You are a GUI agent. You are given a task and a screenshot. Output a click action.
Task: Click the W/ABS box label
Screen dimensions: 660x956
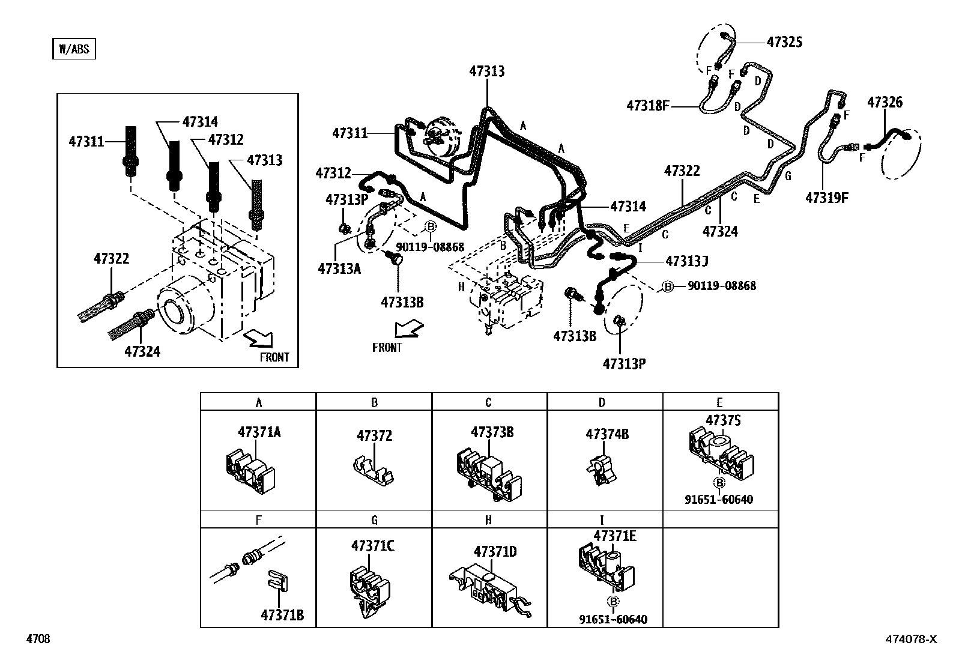point(74,49)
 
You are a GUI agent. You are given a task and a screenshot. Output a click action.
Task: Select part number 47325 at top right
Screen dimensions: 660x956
point(784,41)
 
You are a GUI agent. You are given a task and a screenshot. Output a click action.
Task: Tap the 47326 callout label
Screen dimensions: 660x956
point(884,102)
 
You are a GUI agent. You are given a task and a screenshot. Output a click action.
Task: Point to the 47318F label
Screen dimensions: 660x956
point(647,106)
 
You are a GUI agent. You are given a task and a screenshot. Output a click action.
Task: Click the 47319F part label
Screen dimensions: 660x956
point(826,198)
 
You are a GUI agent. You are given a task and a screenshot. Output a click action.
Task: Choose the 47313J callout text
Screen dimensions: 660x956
point(687,261)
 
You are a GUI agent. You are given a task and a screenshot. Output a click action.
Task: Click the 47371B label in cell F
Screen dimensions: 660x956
point(282,615)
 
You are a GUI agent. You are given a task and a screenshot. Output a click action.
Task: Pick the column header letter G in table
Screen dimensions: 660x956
point(374,520)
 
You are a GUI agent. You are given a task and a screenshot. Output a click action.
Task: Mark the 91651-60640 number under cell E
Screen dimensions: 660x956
point(718,500)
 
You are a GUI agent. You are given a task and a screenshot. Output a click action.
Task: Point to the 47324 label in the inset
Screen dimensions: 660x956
point(142,351)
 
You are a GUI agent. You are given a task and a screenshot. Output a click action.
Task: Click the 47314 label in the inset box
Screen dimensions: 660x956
point(200,121)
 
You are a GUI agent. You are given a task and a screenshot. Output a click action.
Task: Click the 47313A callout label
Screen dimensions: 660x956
point(339,268)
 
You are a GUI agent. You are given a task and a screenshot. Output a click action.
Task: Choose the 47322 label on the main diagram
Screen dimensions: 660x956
point(682,171)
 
